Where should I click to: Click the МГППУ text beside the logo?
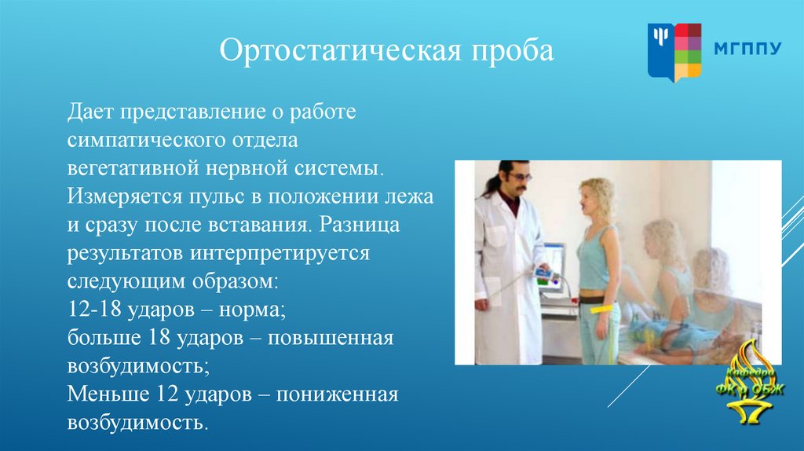click(x=748, y=48)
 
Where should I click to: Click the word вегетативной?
click(x=133, y=168)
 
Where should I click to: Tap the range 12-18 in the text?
click(x=94, y=309)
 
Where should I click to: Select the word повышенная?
click(x=331, y=338)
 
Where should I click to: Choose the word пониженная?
click(x=337, y=394)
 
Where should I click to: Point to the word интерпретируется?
click(x=280, y=254)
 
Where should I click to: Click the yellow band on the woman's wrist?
click(x=601, y=310)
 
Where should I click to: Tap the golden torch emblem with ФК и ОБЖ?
click(x=750, y=381)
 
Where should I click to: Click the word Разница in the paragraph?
click(x=360, y=225)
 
